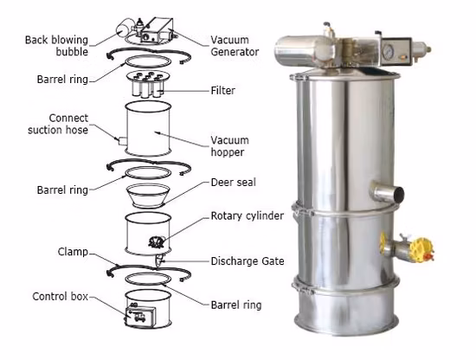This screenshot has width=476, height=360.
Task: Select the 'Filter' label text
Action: tap(222, 89)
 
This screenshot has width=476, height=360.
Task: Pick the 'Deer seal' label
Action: tap(232, 183)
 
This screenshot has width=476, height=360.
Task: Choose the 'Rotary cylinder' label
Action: tap(246, 215)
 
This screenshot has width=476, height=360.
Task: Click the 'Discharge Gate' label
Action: tap(246, 260)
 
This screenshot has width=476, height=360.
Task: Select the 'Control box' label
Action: tap(57, 296)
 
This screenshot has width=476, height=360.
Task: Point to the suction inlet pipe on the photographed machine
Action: tap(386, 191)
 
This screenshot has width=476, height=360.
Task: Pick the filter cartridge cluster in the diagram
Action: tap(151, 86)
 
